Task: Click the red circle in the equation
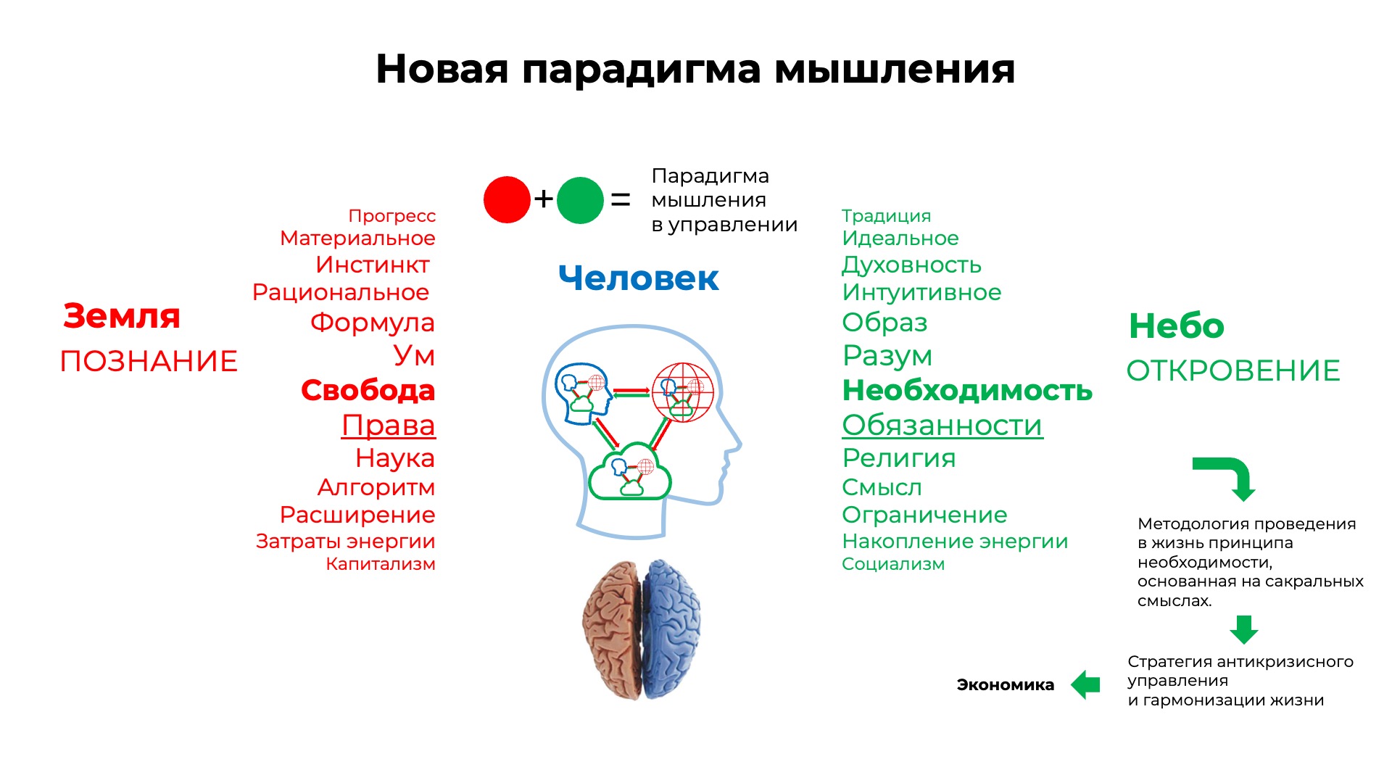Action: [x=507, y=199]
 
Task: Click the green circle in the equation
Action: [x=580, y=200]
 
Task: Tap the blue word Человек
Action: [x=639, y=278]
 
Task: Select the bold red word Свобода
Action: [x=368, y=391]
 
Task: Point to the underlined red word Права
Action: [x=389, y=426]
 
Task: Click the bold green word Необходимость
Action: [x=967, y=391]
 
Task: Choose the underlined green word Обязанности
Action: [x=942, y=426]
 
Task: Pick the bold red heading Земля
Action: [x=122, y=316]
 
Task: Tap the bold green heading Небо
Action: [x=1177, y=326]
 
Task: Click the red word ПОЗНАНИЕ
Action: [x=149, y=361]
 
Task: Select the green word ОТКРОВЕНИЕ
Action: [x=1233, y=370]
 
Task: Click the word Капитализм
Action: [x=381, y=564]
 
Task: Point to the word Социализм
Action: [x=893, y=564]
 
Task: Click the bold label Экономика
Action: [x=1006, y=685]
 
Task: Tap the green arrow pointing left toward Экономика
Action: [x=1085, y=685]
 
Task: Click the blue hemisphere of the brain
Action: [x=671, y=627]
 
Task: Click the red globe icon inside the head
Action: [x=683, y=392]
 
